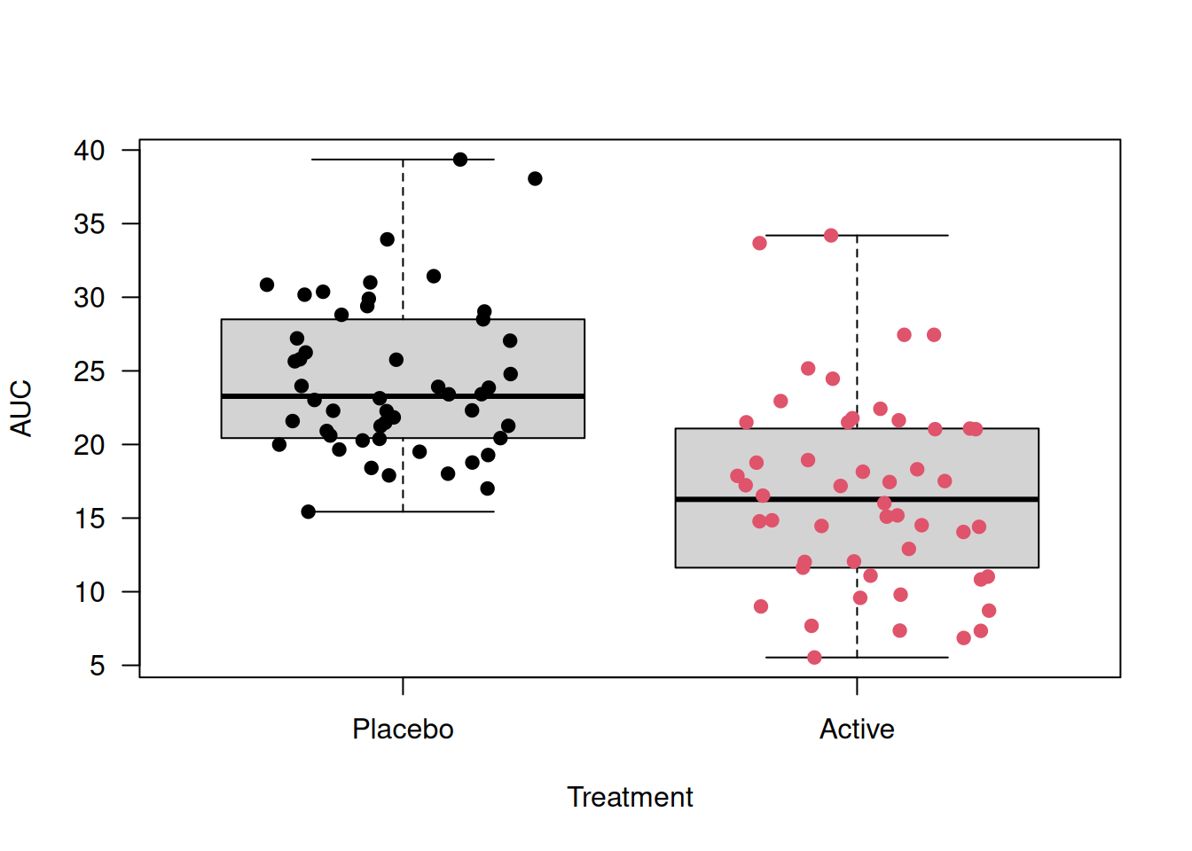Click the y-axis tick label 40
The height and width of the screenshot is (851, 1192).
(90, 151)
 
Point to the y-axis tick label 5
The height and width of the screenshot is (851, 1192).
(98, 666)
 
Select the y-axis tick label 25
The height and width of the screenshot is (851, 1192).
(90, 371)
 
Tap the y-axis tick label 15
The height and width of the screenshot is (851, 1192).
(90, 519)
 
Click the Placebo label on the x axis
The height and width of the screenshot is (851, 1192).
(403, 730)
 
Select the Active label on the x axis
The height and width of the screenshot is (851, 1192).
(857, 730)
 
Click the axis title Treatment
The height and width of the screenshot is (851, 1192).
(630, 798)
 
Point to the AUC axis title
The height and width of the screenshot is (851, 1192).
(21, 408)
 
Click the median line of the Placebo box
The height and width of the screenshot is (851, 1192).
(403, 396)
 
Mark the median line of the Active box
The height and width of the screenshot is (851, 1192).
(857, 500)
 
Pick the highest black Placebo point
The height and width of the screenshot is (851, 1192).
(460, 160)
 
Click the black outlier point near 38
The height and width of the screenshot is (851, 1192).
(535, 179)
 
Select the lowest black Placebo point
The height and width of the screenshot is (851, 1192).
(309, 511)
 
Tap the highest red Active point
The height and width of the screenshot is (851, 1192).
(831, 236)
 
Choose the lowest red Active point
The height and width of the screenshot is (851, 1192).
(814, 658)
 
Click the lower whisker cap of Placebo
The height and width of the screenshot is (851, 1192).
(403, 511)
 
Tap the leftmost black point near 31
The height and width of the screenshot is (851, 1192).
(267, 285)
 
